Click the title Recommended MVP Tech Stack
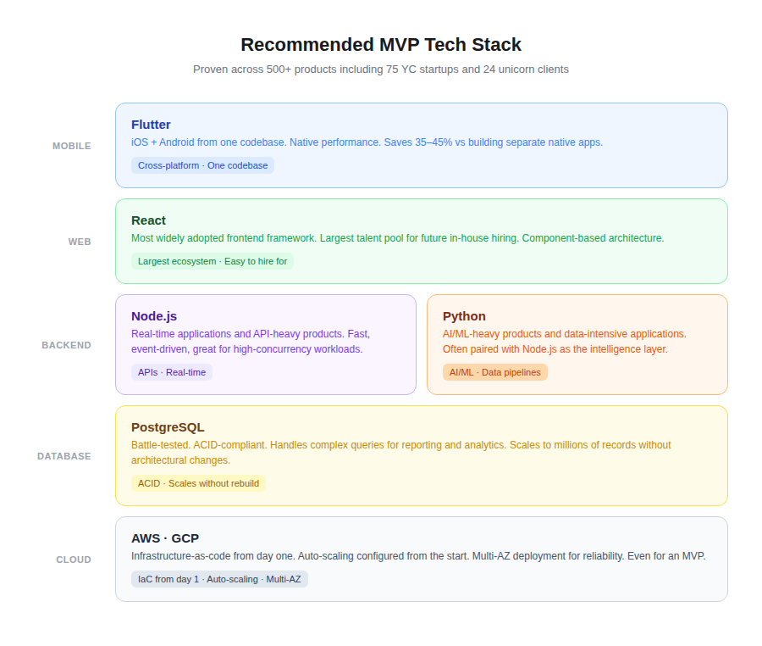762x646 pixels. point(381,45)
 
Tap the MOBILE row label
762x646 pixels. point(72,146)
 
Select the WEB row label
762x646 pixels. point(80,242)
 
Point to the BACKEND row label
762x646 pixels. point(67,345)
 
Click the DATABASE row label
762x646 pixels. point(64,456)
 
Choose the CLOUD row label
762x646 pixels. point(74,560)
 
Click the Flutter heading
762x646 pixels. point(151,125)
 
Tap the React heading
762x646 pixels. point(148,220)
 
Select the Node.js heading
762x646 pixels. point(154,316)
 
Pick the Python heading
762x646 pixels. point(464,316)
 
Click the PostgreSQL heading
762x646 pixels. point(168,427)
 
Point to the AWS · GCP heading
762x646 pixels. point(165,538)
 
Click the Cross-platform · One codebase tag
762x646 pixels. point(202,165)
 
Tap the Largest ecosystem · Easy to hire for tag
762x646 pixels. point(213,261)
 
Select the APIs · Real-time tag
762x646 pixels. point(172,372)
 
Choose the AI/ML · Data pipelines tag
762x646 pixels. point(495,372)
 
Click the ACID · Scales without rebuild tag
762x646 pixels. point(198,483)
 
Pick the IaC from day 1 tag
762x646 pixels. point(168,579)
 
